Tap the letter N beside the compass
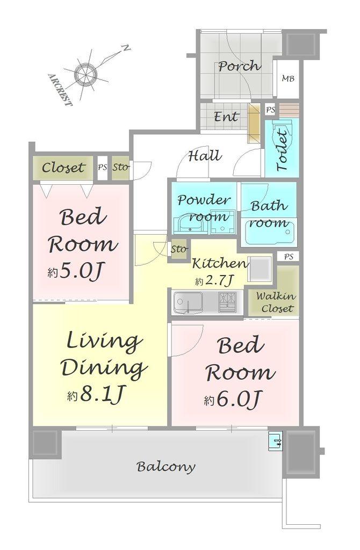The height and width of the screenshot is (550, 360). coord(125,48)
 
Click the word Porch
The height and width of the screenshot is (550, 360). coord(240,66)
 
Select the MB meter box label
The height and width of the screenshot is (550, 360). coord(288,78)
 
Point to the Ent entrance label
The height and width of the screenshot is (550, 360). coord(226,117)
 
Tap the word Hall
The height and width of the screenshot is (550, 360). coord(205,155)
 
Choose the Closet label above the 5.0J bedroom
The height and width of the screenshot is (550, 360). coord(63,168)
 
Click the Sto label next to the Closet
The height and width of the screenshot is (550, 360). coord(121,168)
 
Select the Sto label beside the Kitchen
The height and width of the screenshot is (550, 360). coord(179,249)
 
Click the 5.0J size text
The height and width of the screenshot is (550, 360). coord(76,271)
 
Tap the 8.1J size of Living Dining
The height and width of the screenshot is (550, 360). coord(96,395)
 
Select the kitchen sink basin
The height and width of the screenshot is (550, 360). coord(189,302)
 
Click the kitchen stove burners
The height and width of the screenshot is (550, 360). coord(228,302)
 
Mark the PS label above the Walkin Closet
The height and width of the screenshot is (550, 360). coord(289,257)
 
